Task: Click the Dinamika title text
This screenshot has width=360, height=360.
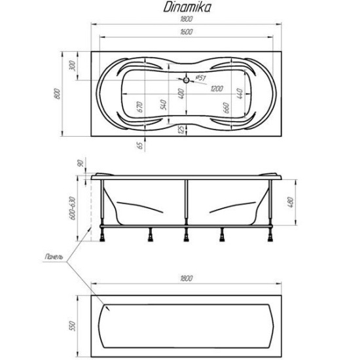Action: click(187, 7)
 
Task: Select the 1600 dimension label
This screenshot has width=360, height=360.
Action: click(186, 31)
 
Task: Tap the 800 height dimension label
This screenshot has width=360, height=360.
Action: click(57, 94)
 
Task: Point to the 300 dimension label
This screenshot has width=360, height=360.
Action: click(72, 66)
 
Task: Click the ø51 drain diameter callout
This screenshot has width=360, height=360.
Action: click(201, 78)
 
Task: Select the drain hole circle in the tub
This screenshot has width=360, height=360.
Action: click(186, 80)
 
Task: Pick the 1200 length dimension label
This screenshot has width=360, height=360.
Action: click(217, 88)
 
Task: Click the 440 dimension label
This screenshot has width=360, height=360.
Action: click(240, 94)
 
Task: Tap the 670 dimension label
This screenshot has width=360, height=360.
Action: click(139, 107)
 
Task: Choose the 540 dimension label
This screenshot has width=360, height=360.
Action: click(163, 105)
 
